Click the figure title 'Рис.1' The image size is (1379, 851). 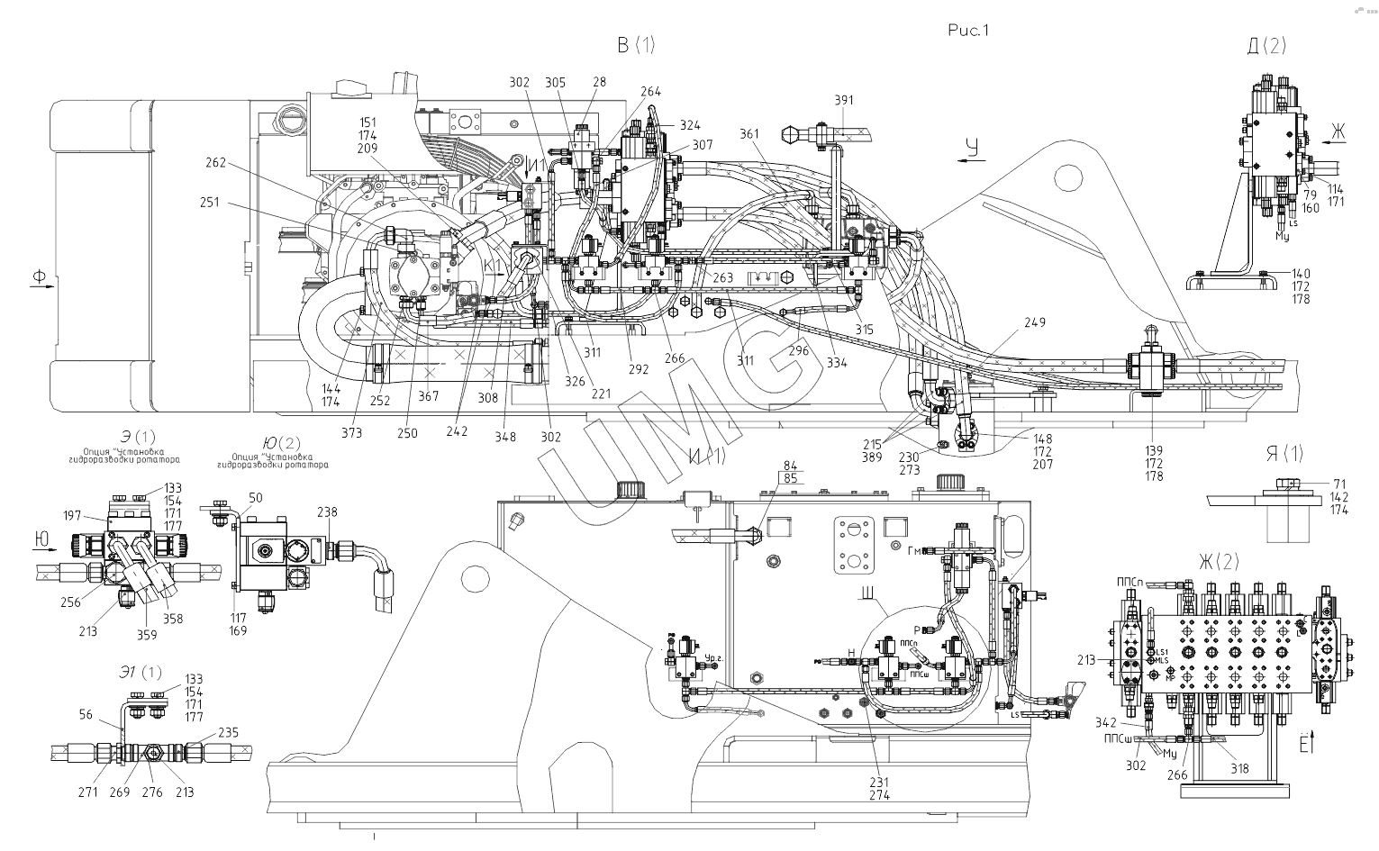[968, 31]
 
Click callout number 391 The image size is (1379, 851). [844, 101]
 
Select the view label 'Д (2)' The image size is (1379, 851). [1266, 47]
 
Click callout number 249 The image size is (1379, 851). [1035, 322]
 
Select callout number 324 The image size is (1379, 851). [690, 125]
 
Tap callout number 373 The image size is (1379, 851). [351, 433]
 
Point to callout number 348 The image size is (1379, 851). [505, 437]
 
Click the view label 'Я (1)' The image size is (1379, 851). [1284, 454]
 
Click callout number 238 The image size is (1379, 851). [327, 512]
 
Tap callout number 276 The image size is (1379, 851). [151, 792]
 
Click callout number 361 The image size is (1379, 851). [749, 133]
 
